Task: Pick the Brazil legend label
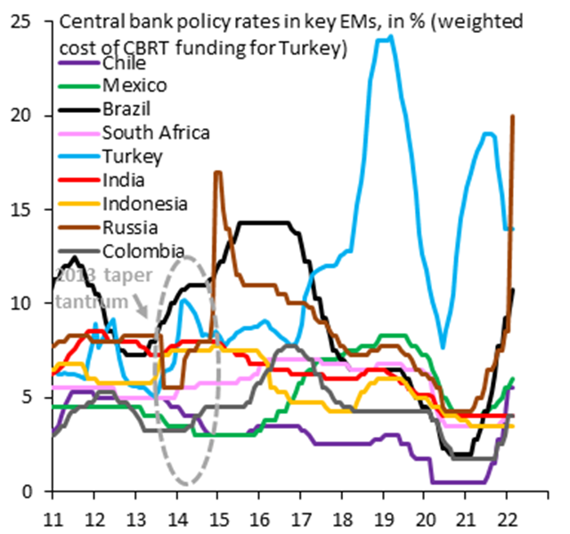[x=126, y=109]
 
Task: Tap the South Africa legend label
[x=156, y=133]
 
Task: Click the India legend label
[x=124, y=180]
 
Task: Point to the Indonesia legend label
[x=144, y=203]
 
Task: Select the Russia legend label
[x=128, y=226]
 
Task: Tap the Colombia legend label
[x=143, y=250]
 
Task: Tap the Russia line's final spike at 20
[x=512, y=116]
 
